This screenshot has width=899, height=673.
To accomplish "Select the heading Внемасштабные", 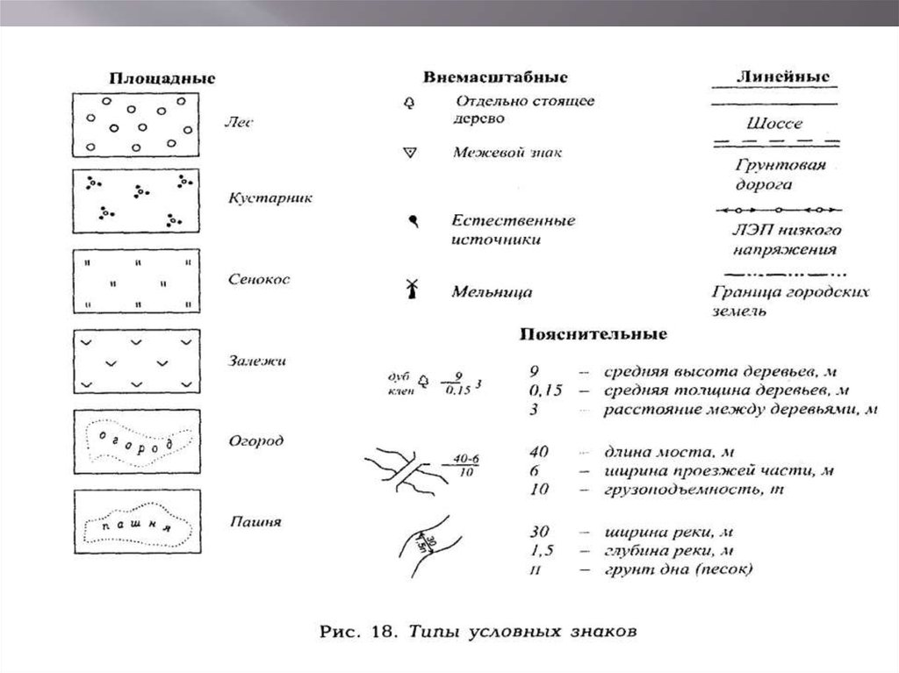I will coord(495,77).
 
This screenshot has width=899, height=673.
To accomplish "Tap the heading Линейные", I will coord(772,76).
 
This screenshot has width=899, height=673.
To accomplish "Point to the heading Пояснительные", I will coord(594,334).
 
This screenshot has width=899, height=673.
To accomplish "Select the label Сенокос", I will coord(258,279).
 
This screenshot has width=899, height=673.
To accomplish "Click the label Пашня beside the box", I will coord(255,521).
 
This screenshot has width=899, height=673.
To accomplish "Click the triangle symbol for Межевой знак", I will coord(407,153).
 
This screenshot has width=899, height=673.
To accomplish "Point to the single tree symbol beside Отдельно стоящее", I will coord(407,104).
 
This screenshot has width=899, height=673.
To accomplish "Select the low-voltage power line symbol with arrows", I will coord(776,211).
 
